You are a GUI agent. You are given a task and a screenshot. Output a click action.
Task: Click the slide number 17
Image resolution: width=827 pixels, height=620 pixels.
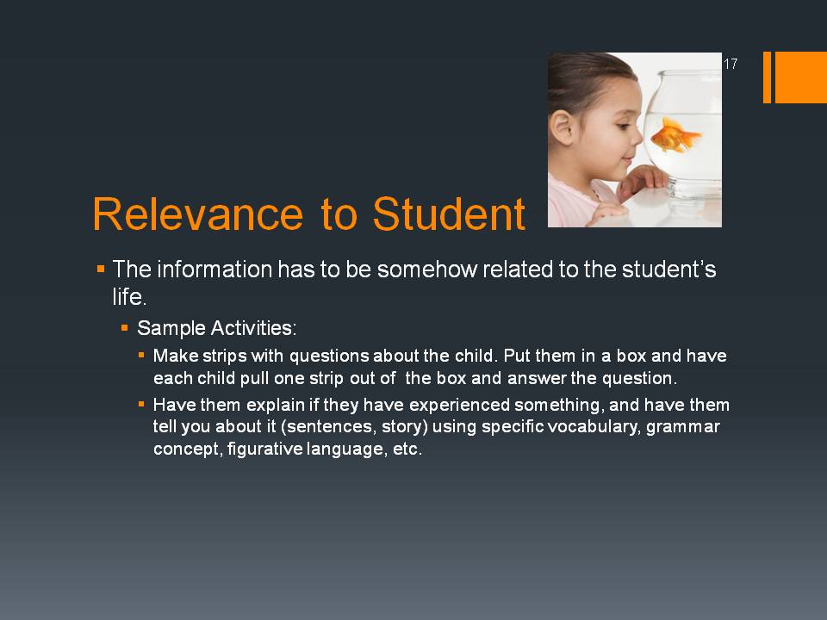click(731, 64)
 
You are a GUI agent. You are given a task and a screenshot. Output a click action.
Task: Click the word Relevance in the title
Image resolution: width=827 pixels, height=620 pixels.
click(198, 214)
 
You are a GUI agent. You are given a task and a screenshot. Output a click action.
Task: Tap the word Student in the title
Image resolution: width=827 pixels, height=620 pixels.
click(449, 214)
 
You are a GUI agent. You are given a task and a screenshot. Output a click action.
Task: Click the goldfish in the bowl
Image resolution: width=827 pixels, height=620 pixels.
click(675, 135)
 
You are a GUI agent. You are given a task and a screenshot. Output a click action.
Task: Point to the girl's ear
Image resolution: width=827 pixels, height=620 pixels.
click(561, 127)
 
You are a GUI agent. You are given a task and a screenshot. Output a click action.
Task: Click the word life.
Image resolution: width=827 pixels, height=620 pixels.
click(129, 296)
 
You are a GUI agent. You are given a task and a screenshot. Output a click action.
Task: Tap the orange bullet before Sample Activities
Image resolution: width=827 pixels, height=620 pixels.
click(124, 328)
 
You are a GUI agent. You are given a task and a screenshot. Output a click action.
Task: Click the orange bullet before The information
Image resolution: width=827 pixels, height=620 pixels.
click(101, 270)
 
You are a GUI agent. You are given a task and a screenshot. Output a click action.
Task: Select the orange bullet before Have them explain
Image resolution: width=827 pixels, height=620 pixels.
click(140, 405)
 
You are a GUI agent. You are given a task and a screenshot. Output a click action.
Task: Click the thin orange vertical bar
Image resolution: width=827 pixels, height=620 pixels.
click(767, 77)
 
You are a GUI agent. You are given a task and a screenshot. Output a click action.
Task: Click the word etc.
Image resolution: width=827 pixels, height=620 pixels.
click(407, 449)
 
